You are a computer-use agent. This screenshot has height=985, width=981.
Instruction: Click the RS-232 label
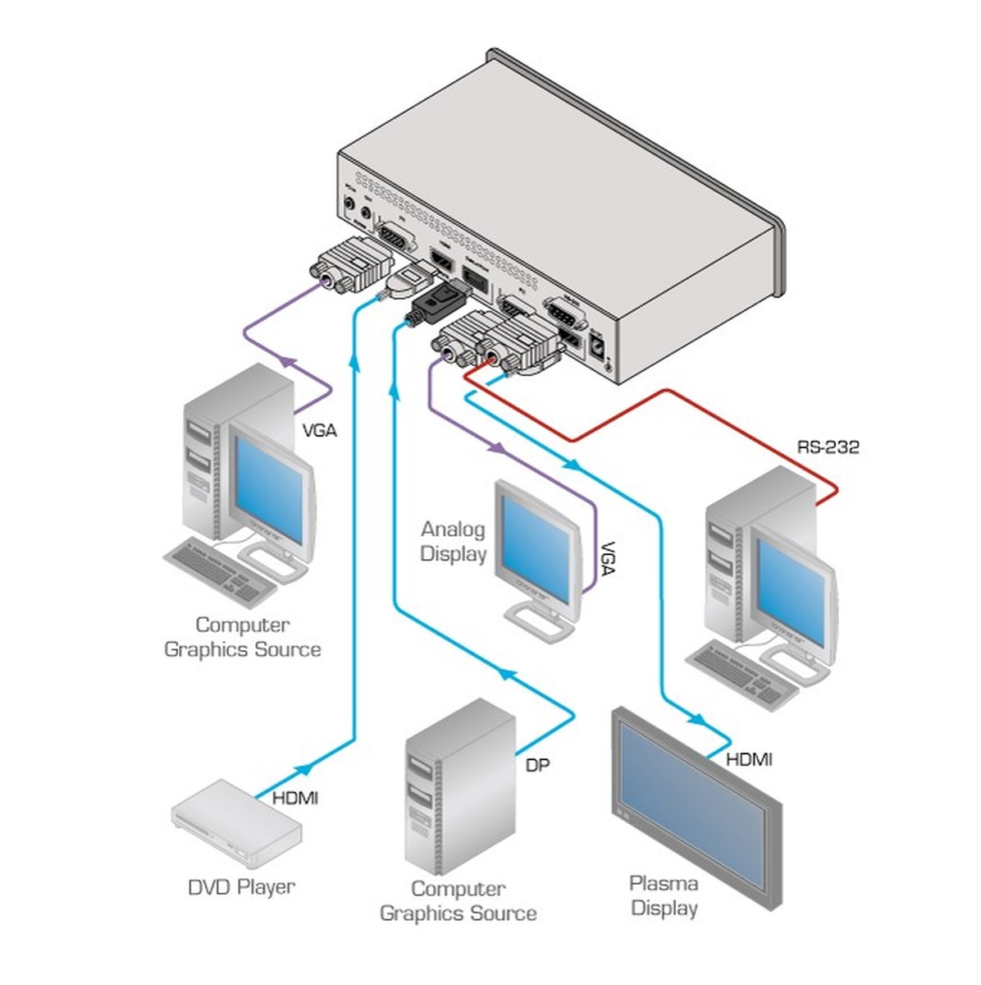[x=828, y=447]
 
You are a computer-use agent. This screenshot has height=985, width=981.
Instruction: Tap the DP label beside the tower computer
[x=537, y=765]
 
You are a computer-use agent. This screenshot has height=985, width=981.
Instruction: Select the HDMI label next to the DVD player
[x=294, y=797]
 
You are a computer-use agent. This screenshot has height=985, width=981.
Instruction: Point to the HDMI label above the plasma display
[x=749, y=759]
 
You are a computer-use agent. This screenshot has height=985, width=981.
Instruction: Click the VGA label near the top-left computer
[x=319, y=429]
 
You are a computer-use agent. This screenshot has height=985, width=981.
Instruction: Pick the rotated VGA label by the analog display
[x=607, y=558]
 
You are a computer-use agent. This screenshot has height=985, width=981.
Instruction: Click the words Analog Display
[x=453, y=542]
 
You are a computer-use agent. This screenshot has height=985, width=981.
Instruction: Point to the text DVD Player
[x=241, y=886]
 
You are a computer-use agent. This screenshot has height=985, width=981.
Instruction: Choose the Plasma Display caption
[x=664, y=896]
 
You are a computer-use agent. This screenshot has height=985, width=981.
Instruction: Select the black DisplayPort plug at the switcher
[x=432, y=301]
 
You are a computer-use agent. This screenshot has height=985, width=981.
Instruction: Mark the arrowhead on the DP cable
[x=509, y=674]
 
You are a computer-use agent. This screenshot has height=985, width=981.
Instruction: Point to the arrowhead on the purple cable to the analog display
[x=497, y=448]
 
